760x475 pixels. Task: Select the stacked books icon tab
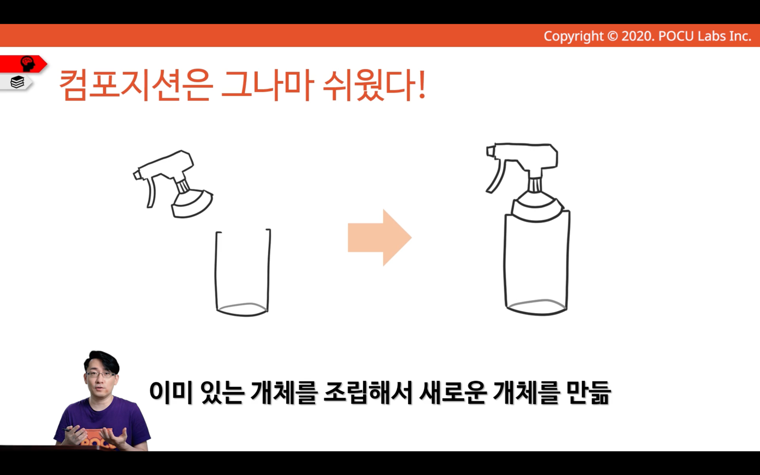17,82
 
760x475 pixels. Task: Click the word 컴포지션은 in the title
136,85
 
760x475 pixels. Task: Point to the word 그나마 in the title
267,85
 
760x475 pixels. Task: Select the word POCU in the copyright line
677,36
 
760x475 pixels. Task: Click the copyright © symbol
612,36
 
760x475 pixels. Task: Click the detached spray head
173,183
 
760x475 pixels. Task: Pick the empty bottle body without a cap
243,273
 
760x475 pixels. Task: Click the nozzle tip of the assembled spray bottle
490,151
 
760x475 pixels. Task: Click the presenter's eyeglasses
101,374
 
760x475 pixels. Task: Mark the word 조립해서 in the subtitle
368,393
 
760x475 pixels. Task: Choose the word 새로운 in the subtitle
453,393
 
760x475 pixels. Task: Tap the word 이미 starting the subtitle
171,393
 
